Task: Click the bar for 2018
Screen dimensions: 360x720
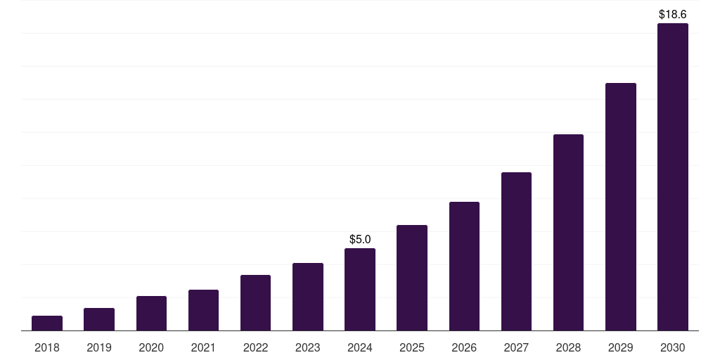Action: pos(47,323)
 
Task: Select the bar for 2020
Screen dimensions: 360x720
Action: pos(151,314)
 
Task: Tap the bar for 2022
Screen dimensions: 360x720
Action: pos(255,303)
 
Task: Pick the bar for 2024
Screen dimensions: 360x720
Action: pos(360,290)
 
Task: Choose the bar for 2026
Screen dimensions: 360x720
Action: pos(464,266)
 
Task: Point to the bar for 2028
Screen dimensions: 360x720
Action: pos(568,233)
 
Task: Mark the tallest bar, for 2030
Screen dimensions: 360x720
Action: pos(673,177)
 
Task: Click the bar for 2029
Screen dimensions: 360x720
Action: pos(621,207)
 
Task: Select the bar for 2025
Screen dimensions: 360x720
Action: pos(412,278)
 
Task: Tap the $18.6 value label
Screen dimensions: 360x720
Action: pos(673,14)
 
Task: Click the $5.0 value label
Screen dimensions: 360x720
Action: pos(360,240)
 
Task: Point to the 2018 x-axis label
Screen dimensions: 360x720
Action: pos(47,347)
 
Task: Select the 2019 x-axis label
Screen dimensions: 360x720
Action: pos(99,347)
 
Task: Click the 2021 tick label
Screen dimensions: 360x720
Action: pos(203,347)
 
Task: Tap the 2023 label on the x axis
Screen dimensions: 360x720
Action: pos(308,347)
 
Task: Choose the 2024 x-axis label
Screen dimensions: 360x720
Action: pos(360,347)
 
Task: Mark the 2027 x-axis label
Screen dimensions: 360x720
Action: pos(516,347)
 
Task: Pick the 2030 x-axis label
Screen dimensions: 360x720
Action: pos(673,347)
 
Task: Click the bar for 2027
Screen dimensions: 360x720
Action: pos(516,252)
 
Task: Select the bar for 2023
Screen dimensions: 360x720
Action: pos(308,297)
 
